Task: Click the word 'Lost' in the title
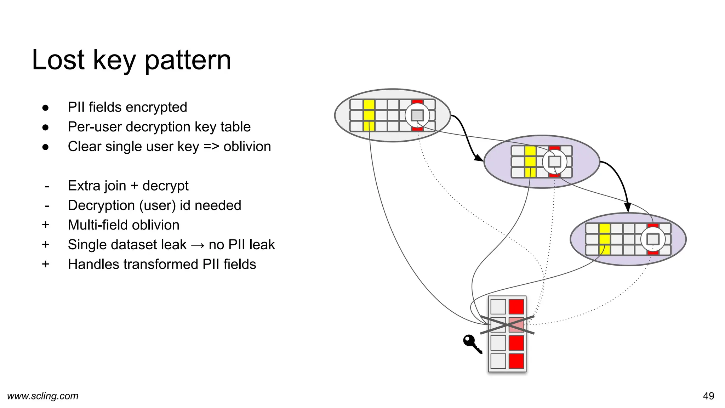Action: pos(58,60)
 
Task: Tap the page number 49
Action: pos(708,396)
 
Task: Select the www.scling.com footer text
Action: pos(43,396)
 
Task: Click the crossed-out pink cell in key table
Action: pos(516,325)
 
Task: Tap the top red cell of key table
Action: pos(516,307)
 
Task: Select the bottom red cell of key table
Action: pos(516,361)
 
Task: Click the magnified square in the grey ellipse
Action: pos(417,115)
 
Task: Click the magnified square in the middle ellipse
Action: pos(554,162)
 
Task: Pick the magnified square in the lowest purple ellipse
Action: pos(653,239)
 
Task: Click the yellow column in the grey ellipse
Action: pos(369,115)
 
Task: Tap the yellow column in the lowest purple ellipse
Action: pos(605,239)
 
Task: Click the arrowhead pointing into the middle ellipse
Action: pos(479,158)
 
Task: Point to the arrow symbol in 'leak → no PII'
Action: pos(198,245)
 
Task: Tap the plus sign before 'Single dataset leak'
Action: pos(45,245)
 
